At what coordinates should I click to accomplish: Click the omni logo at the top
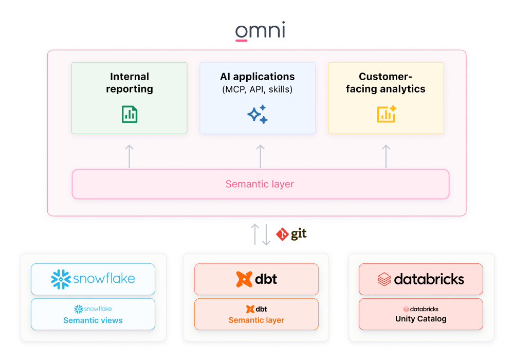pos(260,31)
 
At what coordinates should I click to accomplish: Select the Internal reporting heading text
pos(130,83)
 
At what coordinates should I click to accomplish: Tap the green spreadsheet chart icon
pos(130,114)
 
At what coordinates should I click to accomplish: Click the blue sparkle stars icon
pos(258,114)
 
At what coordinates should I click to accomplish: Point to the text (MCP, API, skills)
pos(258,90)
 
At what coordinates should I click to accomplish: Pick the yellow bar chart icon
pos(386,114)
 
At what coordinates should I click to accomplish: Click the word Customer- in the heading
pos(386,77)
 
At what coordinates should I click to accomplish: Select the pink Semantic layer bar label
pos(260,184)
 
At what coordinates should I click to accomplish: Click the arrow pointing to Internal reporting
pos(130,156)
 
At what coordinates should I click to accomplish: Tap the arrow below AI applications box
pos(261,156)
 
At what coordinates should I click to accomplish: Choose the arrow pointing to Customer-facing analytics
pos(386,156)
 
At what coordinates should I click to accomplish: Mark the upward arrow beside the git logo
pos(254,235)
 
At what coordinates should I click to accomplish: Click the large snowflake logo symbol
pos(61,279)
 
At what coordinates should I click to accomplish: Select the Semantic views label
pos(93,320)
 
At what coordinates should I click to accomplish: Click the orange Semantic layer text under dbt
pos(256,320)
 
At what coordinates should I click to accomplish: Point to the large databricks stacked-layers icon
pos(384,279)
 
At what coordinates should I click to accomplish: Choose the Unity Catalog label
pos(421,319)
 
